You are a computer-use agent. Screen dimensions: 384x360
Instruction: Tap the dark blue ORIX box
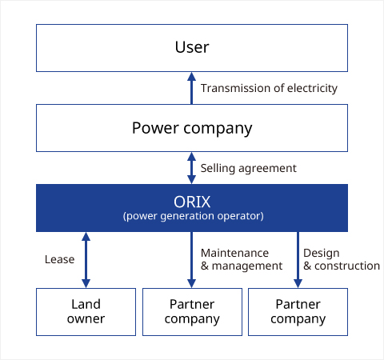192,208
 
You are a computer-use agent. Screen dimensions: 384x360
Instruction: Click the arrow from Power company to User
191,88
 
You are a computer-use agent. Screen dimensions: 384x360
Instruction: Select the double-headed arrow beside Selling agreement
191,168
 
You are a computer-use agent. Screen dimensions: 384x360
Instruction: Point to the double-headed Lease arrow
86,260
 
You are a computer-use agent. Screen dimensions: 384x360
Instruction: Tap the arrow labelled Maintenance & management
191,260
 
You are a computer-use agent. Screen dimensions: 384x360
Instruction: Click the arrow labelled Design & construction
298,260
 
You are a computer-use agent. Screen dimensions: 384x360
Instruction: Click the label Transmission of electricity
269,89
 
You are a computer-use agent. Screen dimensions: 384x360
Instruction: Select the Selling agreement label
249,169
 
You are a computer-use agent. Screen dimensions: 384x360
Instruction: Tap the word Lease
60,259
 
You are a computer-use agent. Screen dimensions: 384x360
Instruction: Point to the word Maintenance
234,253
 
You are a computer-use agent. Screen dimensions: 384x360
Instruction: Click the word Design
322,254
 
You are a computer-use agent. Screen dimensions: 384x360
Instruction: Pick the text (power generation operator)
194,216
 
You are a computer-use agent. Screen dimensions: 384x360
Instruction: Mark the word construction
347,266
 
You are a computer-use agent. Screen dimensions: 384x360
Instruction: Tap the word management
247,266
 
